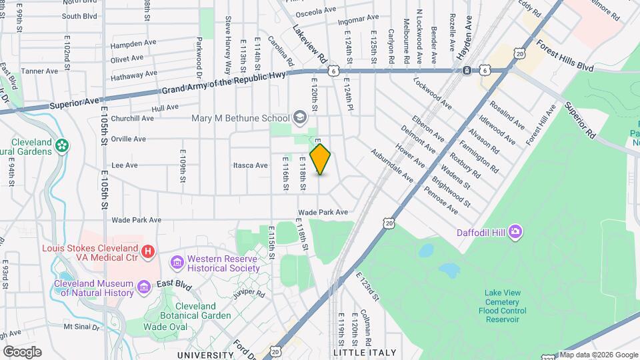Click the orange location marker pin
coord(321,159)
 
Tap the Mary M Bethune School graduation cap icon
coord(300,118)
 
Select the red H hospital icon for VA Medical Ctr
coord(149,251)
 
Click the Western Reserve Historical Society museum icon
coord(177,263)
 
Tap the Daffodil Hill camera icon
coord(515,232)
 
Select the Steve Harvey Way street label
coord(228,45)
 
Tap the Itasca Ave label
coord(250,165)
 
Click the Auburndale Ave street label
coord(393,165)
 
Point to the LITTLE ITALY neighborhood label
coord(364,353)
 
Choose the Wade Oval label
coord(165,327)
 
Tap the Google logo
coord(22,351)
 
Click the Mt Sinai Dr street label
coord(82,327)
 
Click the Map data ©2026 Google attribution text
coord(597,355)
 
